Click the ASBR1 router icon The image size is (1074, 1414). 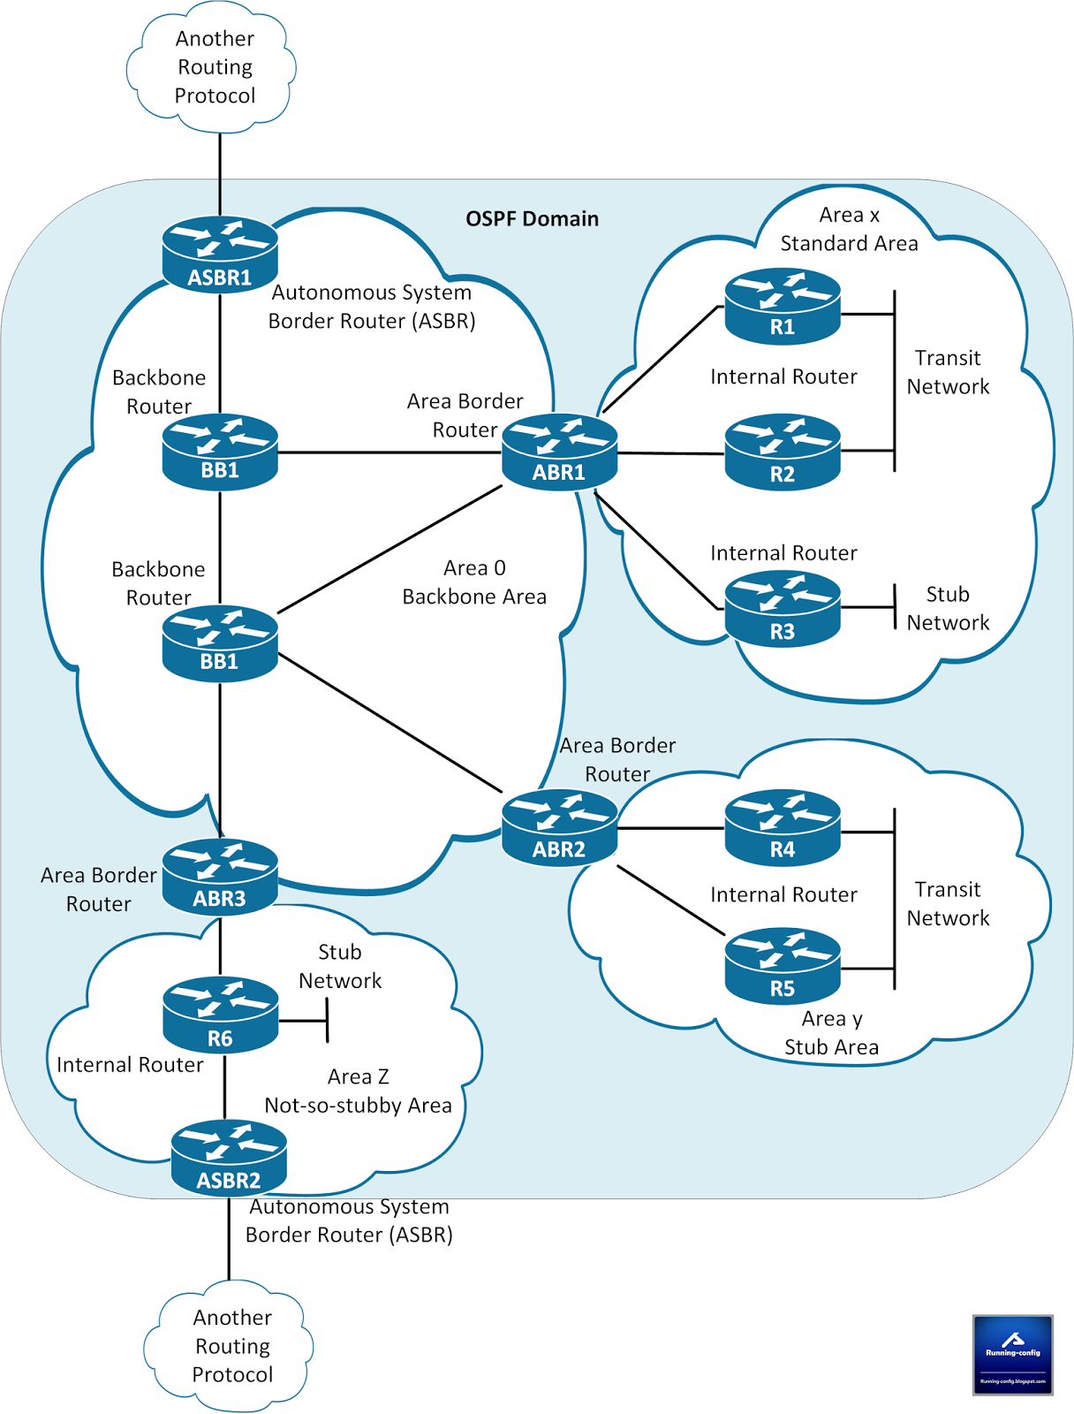[x=220, y=255]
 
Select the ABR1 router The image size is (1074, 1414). [x=559, y=452]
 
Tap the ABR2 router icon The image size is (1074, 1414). [x=559, y=828]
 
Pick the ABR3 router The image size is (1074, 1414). [x=220, y=878]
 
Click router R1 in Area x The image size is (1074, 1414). [x=782, y=307]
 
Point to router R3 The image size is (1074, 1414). [x=782, y=610]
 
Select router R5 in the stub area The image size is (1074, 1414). [x=782, y=966]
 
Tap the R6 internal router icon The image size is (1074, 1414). [x=220, y=1015]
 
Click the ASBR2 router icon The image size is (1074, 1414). [x=229, y=1158]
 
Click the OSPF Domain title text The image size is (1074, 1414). [x=532, y=219]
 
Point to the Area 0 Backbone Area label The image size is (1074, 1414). [x=474, y=583]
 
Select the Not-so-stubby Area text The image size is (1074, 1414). [x=358, y=1106]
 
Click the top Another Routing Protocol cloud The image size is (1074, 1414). [x=214, y=68]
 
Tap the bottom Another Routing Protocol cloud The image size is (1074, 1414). [x=231, y=1346]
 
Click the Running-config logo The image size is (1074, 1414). [x=1012, y=1355]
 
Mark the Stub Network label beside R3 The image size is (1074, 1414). [x=948, y=609]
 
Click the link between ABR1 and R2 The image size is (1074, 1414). [x=671, y=453]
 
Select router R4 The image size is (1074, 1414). [x=782, y=828]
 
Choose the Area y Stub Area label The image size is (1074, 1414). [x=831, y=1033]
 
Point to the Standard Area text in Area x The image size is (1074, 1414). [x=849, y=244]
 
